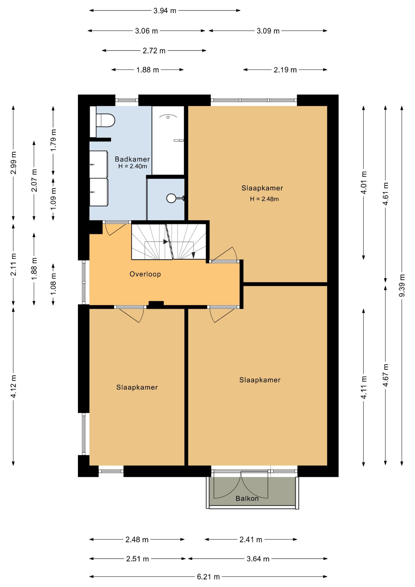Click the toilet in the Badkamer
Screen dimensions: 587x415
105,120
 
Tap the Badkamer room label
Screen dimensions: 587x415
132,159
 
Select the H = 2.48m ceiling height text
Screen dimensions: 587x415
264,199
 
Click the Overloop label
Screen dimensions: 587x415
145,274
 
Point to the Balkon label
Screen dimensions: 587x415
247,499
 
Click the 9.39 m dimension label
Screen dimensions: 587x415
402,285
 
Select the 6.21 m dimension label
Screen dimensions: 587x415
208,577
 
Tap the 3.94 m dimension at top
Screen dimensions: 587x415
165,11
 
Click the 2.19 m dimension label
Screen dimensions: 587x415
285,70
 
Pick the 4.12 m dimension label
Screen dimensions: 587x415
13,386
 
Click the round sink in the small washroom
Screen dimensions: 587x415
171,198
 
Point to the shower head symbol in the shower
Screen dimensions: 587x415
168,117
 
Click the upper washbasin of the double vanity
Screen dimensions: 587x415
98,164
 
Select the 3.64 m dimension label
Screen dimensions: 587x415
258,559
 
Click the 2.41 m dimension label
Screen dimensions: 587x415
251,540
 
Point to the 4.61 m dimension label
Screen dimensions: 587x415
386,194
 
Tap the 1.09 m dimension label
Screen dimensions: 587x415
53,198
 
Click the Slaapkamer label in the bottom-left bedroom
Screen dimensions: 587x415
137,387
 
